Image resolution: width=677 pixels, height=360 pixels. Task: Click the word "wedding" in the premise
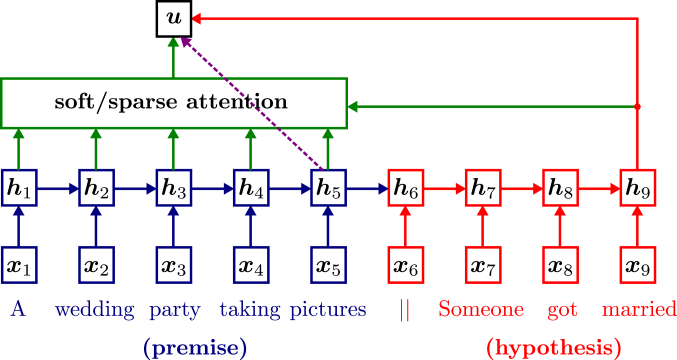tap(95, 310)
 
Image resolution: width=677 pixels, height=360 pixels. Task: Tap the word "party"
tap(175, 310)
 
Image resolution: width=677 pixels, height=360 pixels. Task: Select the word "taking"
tap(251, 310)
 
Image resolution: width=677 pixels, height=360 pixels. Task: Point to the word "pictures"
tap(328, 310)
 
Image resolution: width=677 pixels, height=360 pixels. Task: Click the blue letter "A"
tap(17, 309)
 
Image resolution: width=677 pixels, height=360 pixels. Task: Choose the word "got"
tap(563, 310)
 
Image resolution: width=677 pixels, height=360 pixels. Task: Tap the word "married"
tap(638, 310)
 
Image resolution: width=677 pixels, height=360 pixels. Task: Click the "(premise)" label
tap(195, 347)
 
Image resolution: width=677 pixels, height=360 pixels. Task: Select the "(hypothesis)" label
tap(554, 347)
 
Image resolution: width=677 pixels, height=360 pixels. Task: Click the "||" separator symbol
tap(405, 310)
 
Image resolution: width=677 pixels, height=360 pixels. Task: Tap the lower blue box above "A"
tap(19, 264)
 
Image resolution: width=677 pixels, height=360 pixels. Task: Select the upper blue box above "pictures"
tap(328, 187)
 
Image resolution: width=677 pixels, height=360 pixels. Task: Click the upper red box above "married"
tap(637, 187)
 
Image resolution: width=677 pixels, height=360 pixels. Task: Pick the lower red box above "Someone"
tap(483, 264)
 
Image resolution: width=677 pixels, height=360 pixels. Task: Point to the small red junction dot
tap(637, 105)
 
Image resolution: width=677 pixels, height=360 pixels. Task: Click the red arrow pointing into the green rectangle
tap(490, 105)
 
